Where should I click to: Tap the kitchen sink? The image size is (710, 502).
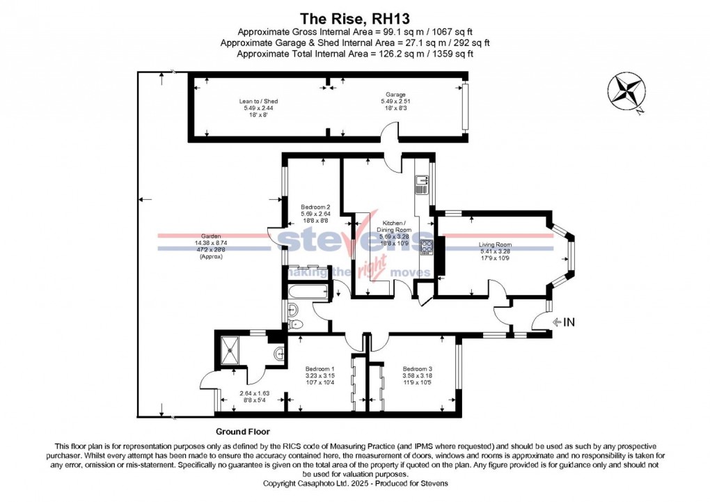point(421,185)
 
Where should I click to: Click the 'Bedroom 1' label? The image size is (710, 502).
point(320,369)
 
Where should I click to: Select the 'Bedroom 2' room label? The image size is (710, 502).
point(315,207)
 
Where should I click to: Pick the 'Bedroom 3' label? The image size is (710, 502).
point(418,369)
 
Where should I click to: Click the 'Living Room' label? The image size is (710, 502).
point(495,244)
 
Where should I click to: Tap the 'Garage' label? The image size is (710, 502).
point(395,95)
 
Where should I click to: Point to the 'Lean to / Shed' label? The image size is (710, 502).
point(258,102)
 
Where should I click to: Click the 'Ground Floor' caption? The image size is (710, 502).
point(242,432)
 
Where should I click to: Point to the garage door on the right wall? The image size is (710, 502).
point(466,107)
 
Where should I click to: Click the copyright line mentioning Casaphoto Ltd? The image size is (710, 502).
point(355,483)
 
